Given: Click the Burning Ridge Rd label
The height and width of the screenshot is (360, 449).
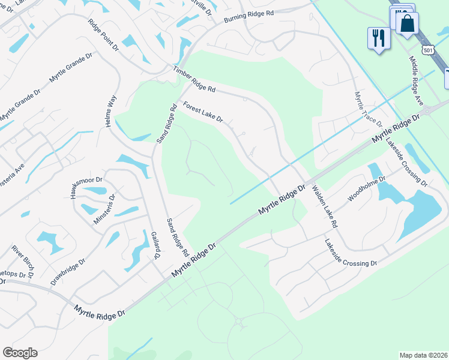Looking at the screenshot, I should [x=249, y=17].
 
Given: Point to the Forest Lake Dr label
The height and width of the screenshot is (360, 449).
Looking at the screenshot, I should [x=203, y=112].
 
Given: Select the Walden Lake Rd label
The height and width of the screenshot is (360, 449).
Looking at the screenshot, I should [x=325, y=206].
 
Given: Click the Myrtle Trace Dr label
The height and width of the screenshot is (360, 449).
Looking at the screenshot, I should [x=368, y=108].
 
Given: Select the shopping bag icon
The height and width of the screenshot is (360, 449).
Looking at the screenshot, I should [x=407, y=24].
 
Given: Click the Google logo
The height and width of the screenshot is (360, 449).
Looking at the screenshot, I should [x=20, y=353].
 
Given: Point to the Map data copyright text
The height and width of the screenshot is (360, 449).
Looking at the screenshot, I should [x=423, y=355].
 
